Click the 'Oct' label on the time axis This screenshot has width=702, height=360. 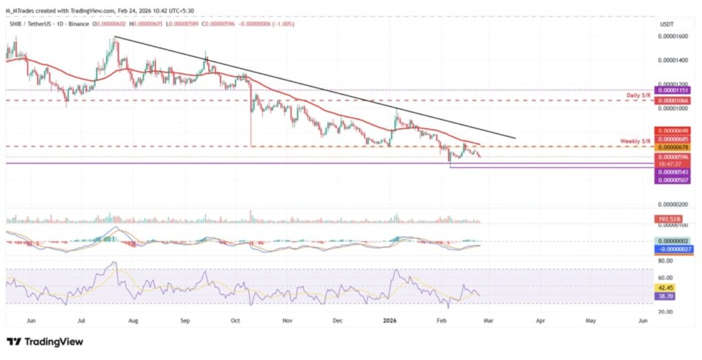(x=234, y=320)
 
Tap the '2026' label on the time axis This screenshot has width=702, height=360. (x=390, y=320)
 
